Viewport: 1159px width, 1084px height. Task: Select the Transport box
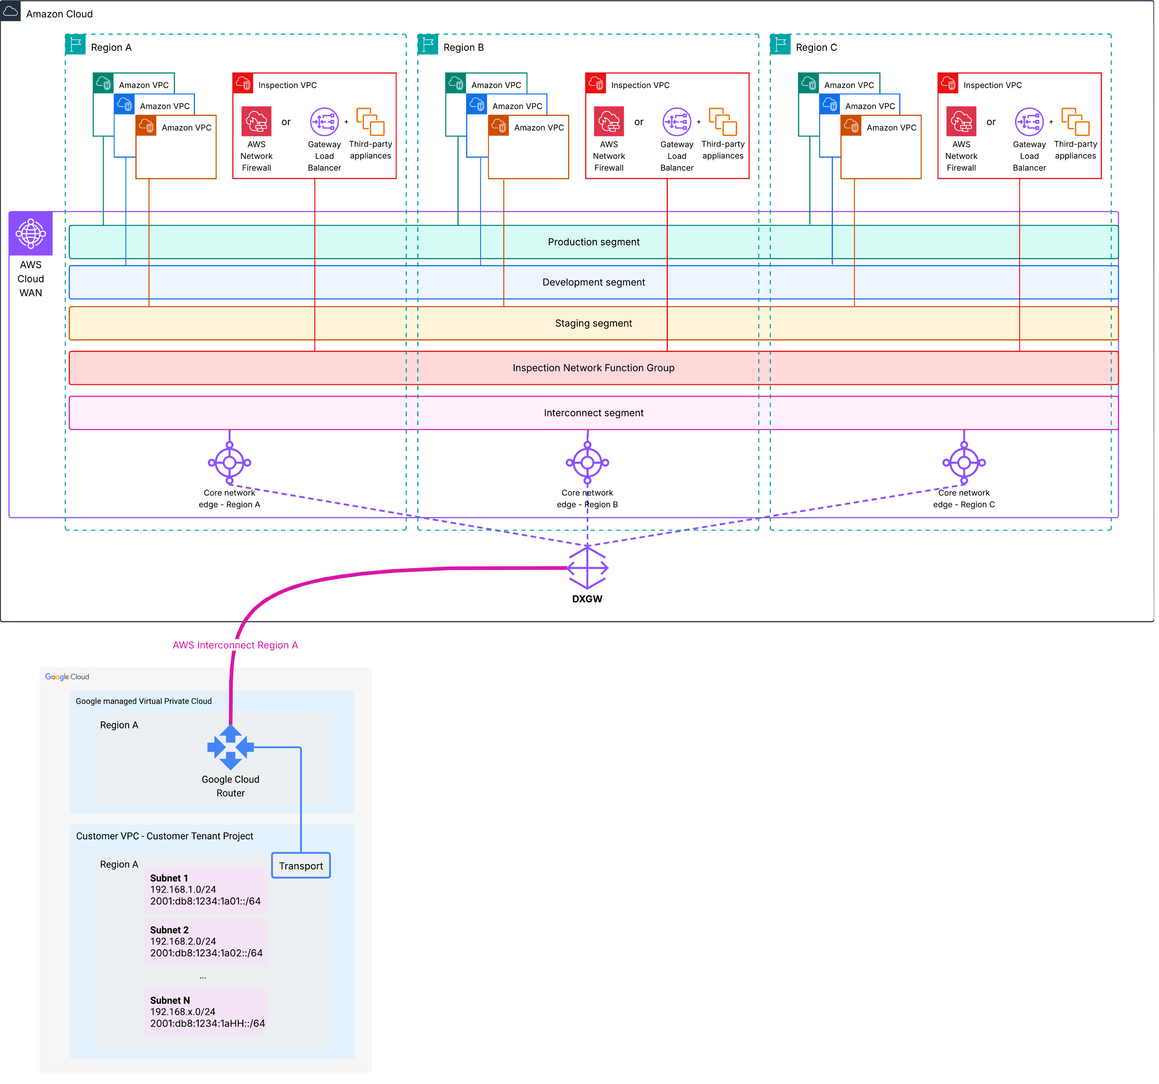click(x=302, y=869)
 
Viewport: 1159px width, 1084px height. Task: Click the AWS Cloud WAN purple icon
click(x=31, y=234)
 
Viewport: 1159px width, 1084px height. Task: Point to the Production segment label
click(x=596, y=243)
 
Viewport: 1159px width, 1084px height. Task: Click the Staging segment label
click(x=596, y=324)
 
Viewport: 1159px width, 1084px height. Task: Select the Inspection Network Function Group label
click(x=596, y=369)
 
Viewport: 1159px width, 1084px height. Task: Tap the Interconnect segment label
click(x=596, y=414)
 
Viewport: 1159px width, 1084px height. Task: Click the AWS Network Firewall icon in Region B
click(x=611, y=122)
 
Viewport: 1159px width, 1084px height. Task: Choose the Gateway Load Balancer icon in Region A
click(x=325, y=122)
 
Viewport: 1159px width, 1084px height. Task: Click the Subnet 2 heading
click(x=170, y=933)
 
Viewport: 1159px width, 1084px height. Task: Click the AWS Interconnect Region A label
click(x=236, y=648)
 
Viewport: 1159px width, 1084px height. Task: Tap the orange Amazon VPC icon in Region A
click(x=146, y=126)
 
